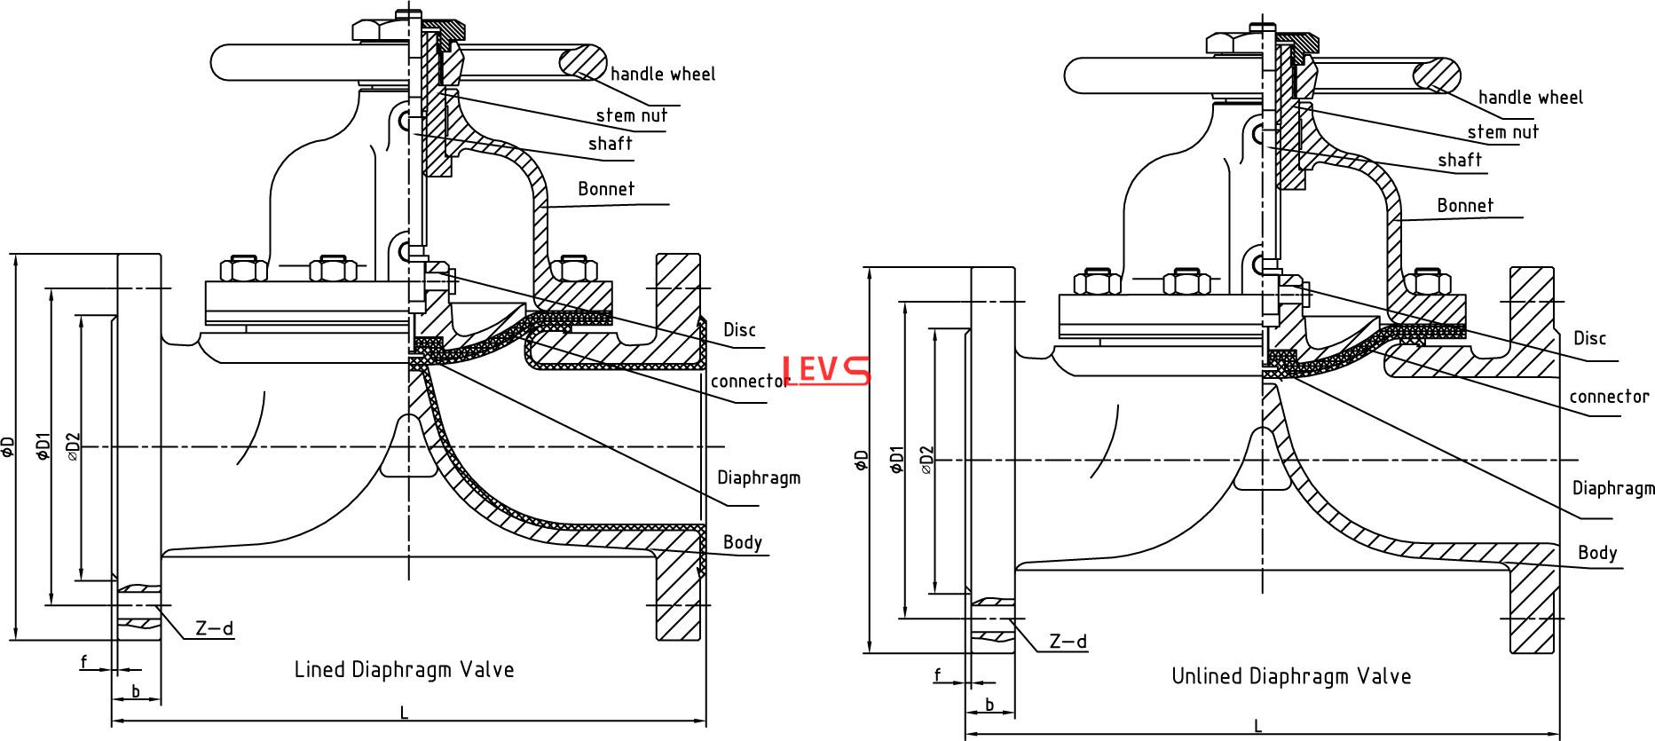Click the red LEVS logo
(x=826, y=369)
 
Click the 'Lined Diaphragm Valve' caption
(x=404, y=669)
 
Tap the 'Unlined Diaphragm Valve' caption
(x=1291, y=676)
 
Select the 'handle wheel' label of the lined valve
(x=663, y=74)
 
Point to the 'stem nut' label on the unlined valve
(x=1502, y=132)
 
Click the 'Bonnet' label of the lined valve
(x=606, y=189)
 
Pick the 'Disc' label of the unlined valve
(x=1589, y=338)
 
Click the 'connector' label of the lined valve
(x=750, y=381)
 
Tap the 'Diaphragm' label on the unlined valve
(x=1613, y=488)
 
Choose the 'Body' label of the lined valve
(x=743, y=542)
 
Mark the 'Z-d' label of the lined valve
(x=214, y=628)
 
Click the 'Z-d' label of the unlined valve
(x=1068, y=641)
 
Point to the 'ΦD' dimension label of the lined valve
(x=9, y=446)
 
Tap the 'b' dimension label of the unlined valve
(x=989, y=706)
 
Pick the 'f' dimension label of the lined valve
(x=84, y=661)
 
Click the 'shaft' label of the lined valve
(x=610, y=144)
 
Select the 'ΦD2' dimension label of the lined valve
(x=74, y=446)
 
